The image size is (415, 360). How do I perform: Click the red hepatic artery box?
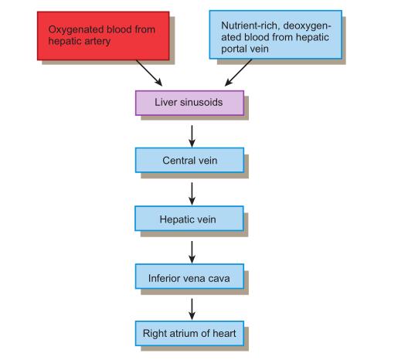tap(104, 36)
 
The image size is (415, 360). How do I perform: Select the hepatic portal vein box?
tap(276, 35)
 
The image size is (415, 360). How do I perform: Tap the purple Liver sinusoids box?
tap(189, 103)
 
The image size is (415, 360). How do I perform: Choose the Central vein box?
tap(189, 160)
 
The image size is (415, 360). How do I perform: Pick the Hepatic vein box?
tap(189, 219)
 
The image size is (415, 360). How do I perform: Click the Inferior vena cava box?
tap(189, 276)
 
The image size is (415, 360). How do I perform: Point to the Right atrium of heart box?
tap(189, 333)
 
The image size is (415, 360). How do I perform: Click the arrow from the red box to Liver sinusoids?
tap(149, 73)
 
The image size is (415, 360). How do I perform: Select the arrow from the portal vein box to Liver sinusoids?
tap(238, 73)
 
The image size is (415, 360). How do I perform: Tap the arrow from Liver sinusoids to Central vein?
tap(192, 136)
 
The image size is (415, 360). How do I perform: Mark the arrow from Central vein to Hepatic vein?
tap(192, 194)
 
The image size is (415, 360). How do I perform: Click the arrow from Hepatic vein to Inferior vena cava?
tap(192, 252)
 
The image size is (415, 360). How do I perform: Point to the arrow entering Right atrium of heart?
tap(192, 309)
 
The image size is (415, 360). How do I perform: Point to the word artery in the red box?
tap(97, 42)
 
